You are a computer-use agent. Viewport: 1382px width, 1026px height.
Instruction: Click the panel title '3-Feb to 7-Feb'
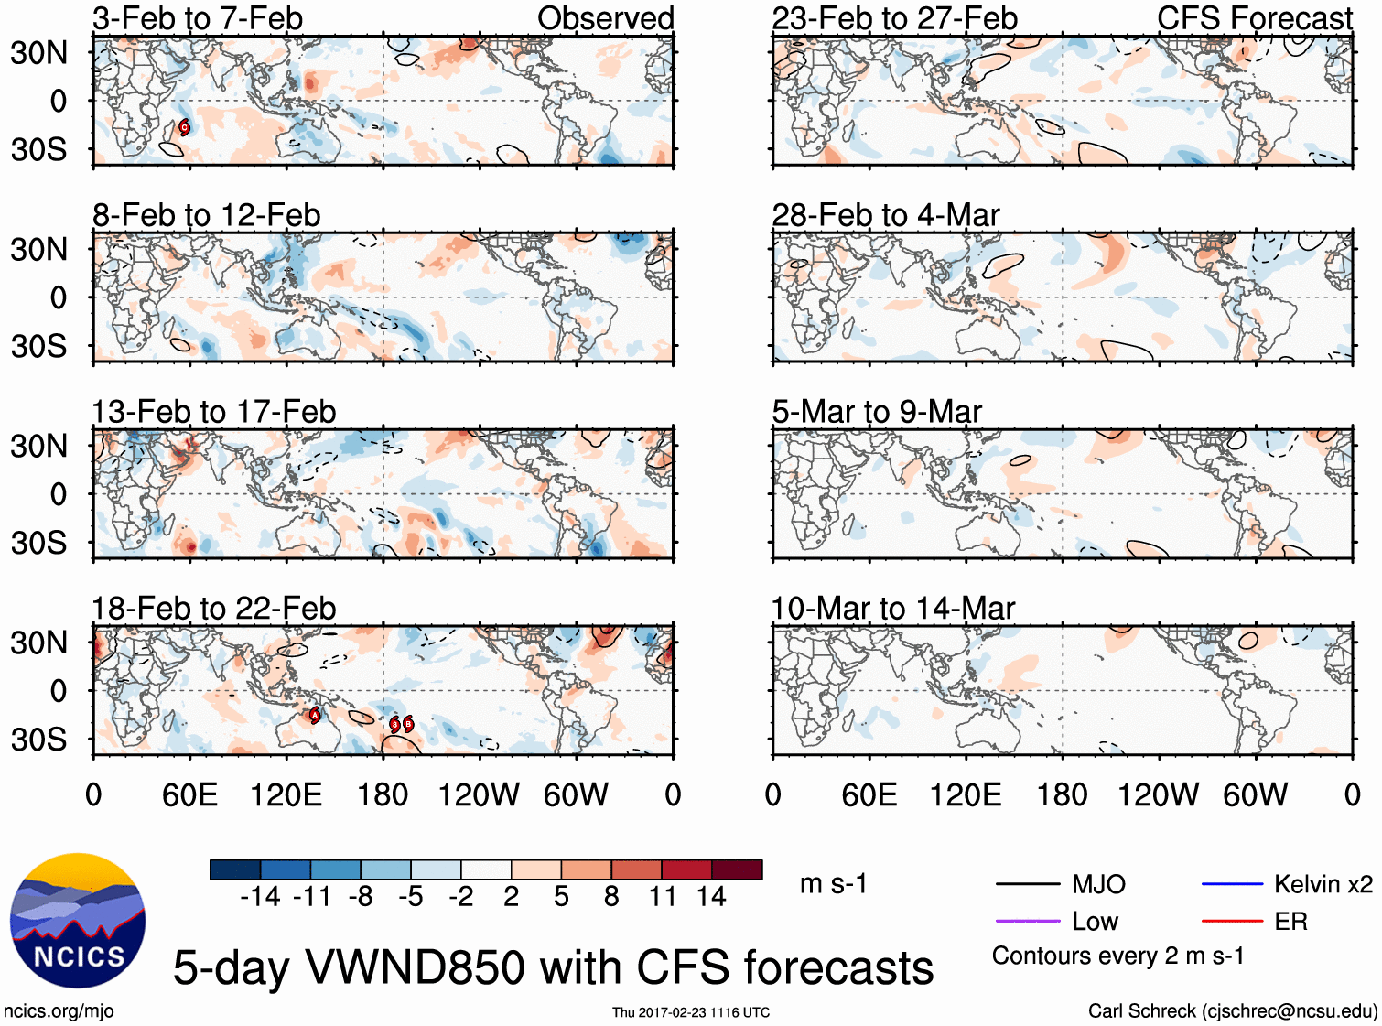(x=198, y=18)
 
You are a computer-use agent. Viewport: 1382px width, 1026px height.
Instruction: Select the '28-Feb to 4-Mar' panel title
(x=885, y=215)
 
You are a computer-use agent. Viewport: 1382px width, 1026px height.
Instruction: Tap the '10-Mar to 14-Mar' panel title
(x=892, y=609)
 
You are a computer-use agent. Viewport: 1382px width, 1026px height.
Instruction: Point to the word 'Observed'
(x=605, y=18)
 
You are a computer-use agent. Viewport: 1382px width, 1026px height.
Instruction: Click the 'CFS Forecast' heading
(x=1254, y=18)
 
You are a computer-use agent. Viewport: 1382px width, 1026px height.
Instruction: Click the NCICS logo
(x=78, y=921)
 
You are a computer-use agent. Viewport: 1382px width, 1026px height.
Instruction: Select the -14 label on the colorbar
(x=260, y=897)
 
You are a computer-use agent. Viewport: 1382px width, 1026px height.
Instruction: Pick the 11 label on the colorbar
(x=662, y=897)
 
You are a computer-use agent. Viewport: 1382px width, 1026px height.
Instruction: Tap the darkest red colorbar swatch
(x=737, y=869)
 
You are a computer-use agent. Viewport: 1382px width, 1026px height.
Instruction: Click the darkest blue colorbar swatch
(x=235, y=869)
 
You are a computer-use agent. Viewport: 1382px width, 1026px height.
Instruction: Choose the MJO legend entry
(x=1098, y=884)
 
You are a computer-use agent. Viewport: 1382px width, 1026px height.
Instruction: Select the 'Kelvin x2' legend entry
(x=1323, y=884)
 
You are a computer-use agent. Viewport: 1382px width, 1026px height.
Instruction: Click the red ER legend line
(x=1232, y=921)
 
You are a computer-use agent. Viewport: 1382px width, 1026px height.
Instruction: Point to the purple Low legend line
(x=1027, y=921)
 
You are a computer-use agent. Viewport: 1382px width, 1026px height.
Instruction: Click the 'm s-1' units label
(x=833, y=884)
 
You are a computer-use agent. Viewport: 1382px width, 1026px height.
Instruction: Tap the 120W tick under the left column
(x=479, y=794)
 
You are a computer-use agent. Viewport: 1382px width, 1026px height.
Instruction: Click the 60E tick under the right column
(x=869, y=794)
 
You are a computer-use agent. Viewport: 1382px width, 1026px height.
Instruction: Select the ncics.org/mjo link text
(x=59, y=1011)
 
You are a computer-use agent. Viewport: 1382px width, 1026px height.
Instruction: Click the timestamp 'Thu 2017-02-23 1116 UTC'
(x=691, y=1012)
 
